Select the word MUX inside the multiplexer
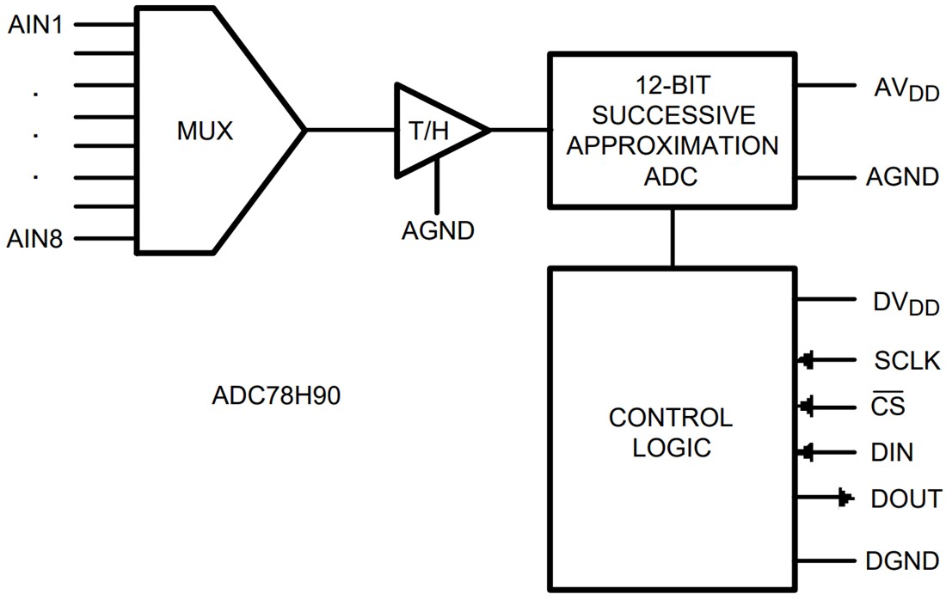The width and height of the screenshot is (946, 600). [205, 132]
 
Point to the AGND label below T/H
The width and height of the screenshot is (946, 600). [438, 231]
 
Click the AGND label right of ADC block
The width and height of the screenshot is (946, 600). [902, 178]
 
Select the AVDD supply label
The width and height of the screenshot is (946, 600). [906, 89]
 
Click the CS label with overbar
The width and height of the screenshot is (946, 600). [888, 406]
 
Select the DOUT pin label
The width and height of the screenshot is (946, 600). [906, 499]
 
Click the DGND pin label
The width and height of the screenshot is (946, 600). [902, 561]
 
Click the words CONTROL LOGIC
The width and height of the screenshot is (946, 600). [671, 432]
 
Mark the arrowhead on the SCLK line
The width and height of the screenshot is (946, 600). [807, 361]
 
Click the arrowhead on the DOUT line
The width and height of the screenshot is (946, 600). [845, 498]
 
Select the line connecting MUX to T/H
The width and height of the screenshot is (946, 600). [349, 131]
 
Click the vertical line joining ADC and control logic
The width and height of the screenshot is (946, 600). [672, 236]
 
